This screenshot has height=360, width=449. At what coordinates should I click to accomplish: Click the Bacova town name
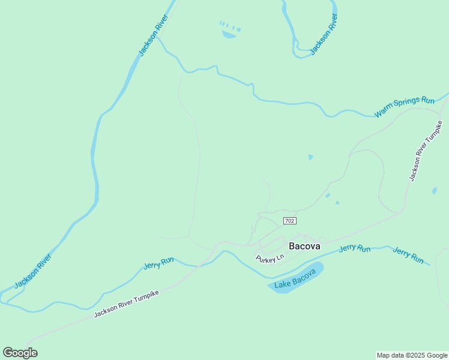click(x=304, y=246)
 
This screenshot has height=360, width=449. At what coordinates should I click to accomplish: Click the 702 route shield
click(x=289, y=221)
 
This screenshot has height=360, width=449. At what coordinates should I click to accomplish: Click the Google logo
click(x=20, y=352)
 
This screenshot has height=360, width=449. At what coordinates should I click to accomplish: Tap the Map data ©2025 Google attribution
click(x=412, y=355)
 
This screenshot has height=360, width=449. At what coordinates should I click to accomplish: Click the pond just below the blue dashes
click(x=229, y=35)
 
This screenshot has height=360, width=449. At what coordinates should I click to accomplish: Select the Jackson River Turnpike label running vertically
click(x=426, y=151)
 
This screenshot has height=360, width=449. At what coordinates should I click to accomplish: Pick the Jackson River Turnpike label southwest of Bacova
click(x=126, y=305)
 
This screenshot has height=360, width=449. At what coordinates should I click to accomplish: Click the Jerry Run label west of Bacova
click(x=159, y=263)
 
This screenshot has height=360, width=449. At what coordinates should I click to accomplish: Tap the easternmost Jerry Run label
click(x=408, y=255)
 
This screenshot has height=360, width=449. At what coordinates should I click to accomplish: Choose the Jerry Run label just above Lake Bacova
click(x=355, y=248)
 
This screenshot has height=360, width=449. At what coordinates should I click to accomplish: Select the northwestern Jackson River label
click(x=152, y=35)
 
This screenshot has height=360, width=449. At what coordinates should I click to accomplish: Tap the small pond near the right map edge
click(x=434, y=191)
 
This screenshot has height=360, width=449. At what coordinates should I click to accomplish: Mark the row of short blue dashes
click(x=230, y=26)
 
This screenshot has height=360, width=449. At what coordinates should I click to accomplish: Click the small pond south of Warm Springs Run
click(x=310, y=157)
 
